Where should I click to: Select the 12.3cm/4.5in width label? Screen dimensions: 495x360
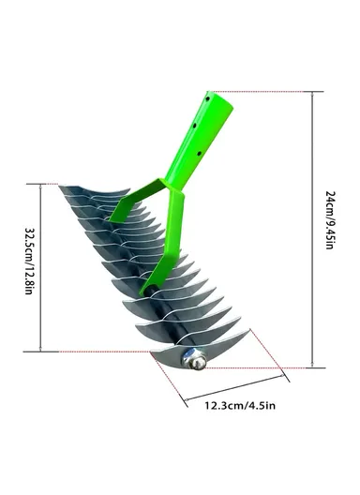tap(240, 405)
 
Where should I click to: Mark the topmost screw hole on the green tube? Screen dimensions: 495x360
tap(198, 121)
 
